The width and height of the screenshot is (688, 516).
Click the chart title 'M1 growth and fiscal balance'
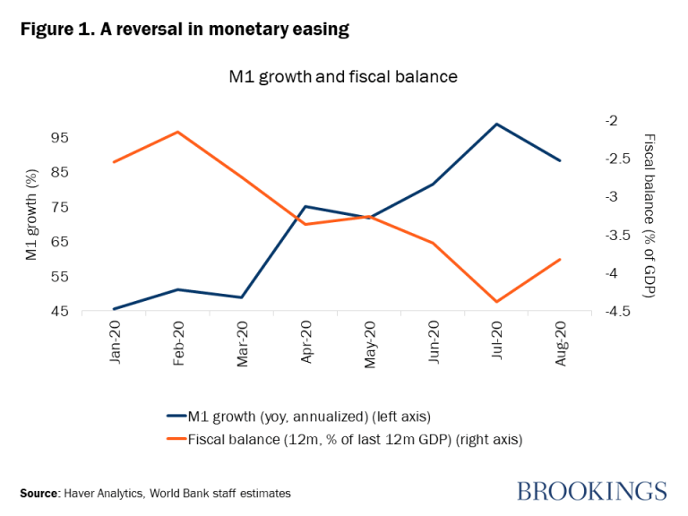(x=343, y=77)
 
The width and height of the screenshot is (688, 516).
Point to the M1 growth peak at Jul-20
(x=497, y=124)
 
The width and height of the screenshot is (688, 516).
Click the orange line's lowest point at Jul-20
(x=497, y=302)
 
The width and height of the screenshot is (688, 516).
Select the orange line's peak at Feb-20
(x=178, y=132)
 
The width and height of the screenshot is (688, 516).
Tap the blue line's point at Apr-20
(x=305, y=207)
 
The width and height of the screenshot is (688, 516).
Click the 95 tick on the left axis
(x=59, y=138)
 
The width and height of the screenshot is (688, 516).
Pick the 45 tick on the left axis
(x=59, y=312)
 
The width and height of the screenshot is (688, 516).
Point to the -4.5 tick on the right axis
(x=615, y=312)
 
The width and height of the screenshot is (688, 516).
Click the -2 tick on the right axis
(x=610, y=120)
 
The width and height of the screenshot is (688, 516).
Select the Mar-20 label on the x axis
(x=242, y=342)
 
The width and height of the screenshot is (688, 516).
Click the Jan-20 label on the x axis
(x=115, y=342)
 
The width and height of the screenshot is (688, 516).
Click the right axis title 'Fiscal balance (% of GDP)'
(x=650, y=215)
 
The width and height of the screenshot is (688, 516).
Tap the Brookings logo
(x=591, y=491)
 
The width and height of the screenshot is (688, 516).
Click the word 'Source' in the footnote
(x=39, y=493)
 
